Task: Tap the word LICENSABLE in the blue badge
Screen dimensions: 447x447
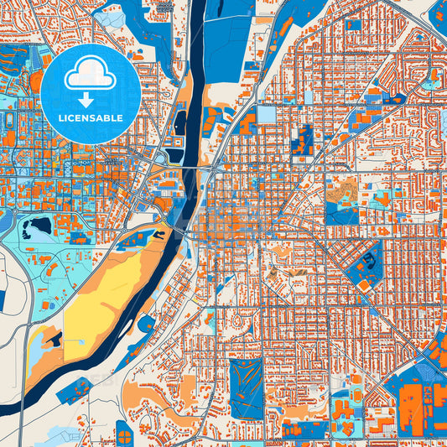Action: pyautogui.click(x=91, y=118)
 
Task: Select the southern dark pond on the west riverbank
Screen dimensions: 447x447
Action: pyautogui.click(x=174, y=155)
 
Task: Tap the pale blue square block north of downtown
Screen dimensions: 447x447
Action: pyautogui.click(x=266, y=114)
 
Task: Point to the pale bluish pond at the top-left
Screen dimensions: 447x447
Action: pyautogui.click(x=109, y=15)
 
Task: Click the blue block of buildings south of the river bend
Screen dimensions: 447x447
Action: pyautogui.click(x=146, y=324)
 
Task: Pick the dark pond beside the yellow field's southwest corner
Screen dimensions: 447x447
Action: pyautogui.click(x=54, y=339)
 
